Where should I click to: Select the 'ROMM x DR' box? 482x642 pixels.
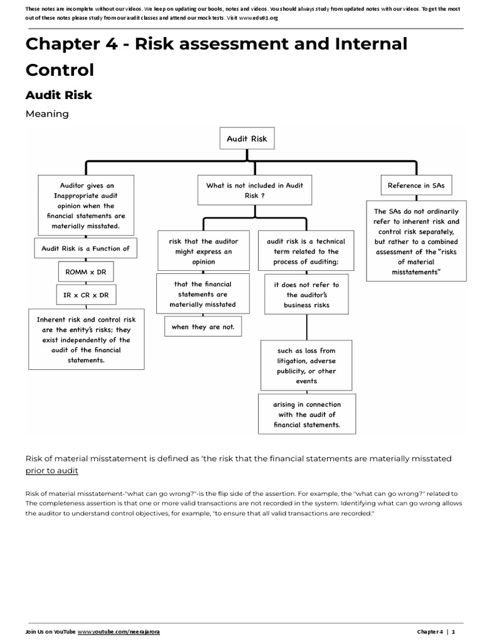(85, 272)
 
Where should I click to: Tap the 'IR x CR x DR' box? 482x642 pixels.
(85, 295)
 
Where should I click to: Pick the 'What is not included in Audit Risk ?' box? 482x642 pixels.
(254, 191)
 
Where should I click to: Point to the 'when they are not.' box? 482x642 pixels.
(202, 327)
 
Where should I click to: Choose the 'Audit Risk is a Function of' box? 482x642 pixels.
(85, 248)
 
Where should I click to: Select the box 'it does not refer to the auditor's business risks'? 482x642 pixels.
(306, 295)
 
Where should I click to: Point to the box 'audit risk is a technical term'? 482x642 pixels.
(306, 251)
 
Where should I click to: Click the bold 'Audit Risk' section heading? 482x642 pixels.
(58, 95)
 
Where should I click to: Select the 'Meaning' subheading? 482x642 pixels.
(46, 114)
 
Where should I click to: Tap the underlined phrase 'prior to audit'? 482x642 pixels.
(52, 470)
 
